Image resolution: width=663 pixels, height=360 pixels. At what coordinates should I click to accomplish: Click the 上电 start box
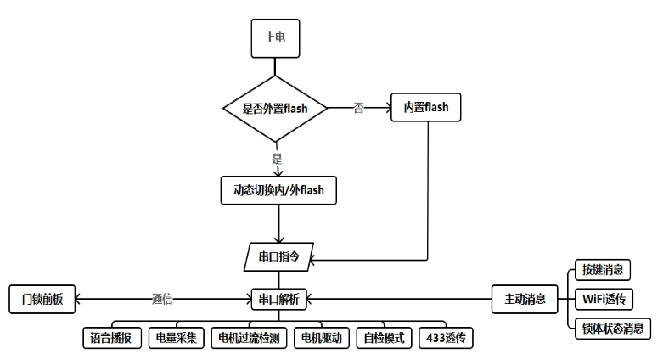tap(276, 37)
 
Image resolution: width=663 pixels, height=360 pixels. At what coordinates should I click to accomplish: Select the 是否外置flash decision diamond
tap(275, 108)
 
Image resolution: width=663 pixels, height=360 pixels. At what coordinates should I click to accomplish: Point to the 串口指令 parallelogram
tap(278, 254)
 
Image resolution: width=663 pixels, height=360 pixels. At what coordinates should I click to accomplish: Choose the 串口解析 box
tap(278, 299)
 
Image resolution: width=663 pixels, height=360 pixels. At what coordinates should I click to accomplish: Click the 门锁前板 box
tap(42, 299)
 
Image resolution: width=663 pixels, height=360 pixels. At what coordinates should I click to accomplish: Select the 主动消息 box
tap(525, 299)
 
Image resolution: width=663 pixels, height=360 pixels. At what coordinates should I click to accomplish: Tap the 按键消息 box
tap(602, 270)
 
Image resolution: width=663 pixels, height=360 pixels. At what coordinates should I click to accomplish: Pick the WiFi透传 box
tap(604, 299)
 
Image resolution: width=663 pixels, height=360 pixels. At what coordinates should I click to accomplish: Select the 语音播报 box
tap(111, 337)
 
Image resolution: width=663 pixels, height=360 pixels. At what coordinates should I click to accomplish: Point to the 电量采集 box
tap(174, 337)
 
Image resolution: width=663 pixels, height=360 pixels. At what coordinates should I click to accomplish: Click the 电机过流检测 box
tap(248, 337)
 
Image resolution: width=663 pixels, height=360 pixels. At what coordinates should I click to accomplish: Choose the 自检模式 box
tap(384, 337)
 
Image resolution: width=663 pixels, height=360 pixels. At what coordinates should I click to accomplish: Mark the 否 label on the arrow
tap(358, 108)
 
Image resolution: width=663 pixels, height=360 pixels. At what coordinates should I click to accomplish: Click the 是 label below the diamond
tap(277, 158)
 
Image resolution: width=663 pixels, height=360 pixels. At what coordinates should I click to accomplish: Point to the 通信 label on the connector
tap(162, 299)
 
